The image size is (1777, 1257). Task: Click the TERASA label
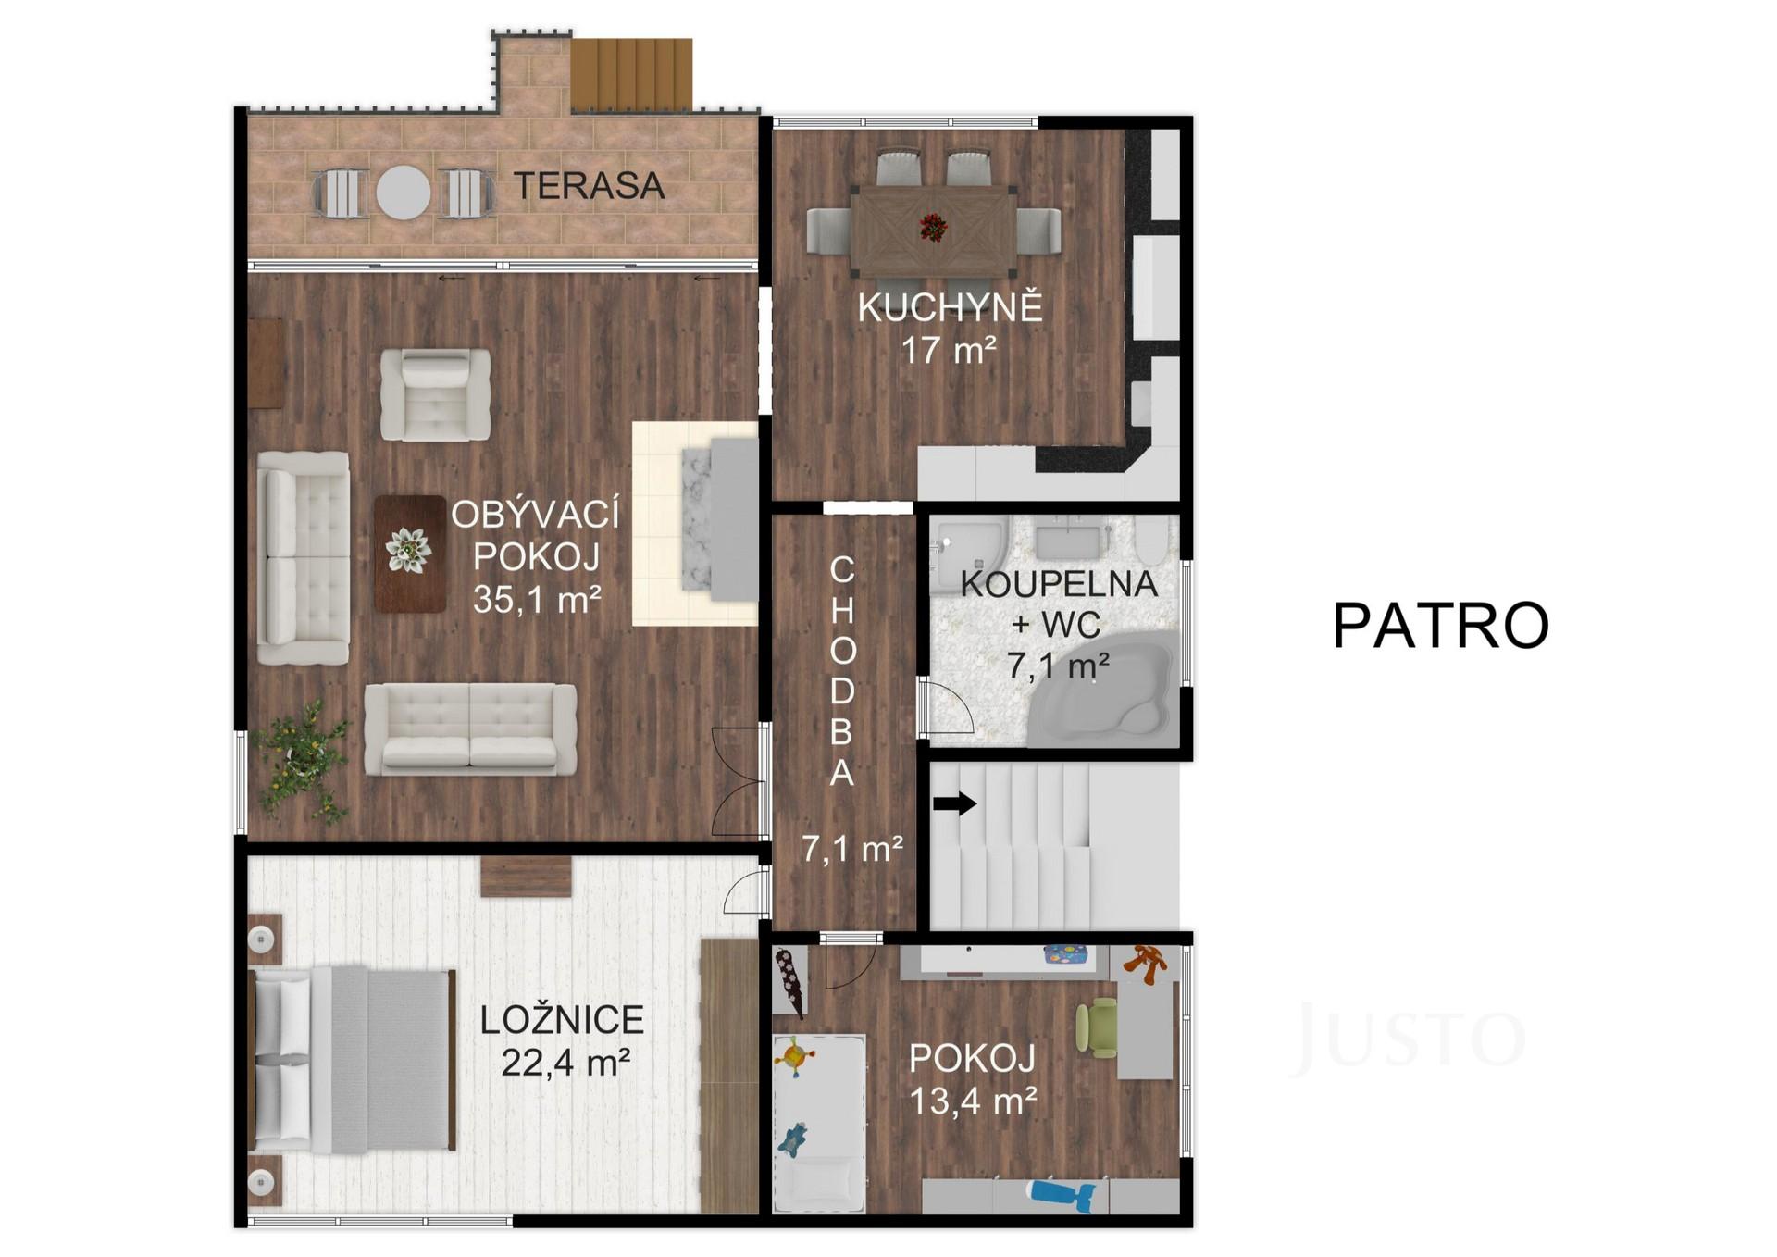tap(590, 186)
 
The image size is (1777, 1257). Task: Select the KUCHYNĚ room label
tap(951, 306)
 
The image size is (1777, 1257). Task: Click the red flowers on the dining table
tap(934, 227)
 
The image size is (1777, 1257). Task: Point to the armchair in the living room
tap(436, 394)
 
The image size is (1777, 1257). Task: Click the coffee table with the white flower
tap(410, 554)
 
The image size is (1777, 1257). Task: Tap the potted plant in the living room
tap(303, 761)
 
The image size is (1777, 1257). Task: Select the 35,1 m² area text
tap(537, 600)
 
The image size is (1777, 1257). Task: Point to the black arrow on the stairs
tap(955, 803)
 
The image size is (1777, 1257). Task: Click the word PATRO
tap(1441, 626)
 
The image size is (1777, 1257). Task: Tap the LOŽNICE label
tap(562, 1020)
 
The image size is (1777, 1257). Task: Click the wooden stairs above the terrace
tap(631, 74)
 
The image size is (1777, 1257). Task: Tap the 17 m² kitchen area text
tap(949, 351)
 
